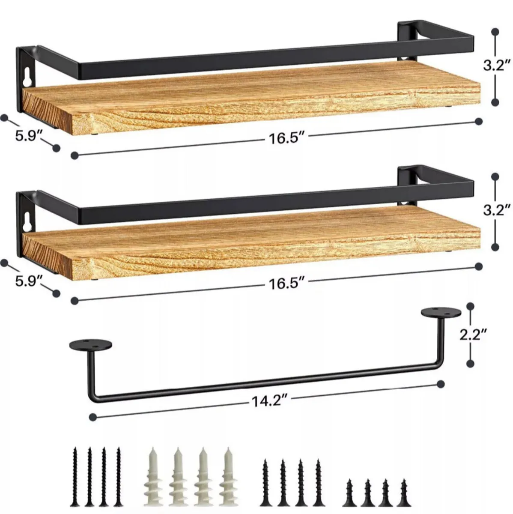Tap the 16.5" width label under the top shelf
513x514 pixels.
(286, 139)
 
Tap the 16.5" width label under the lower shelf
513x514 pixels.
(286, 283)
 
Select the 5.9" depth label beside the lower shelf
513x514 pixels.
(30, 281)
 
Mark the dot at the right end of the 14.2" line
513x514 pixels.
(440, 383)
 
